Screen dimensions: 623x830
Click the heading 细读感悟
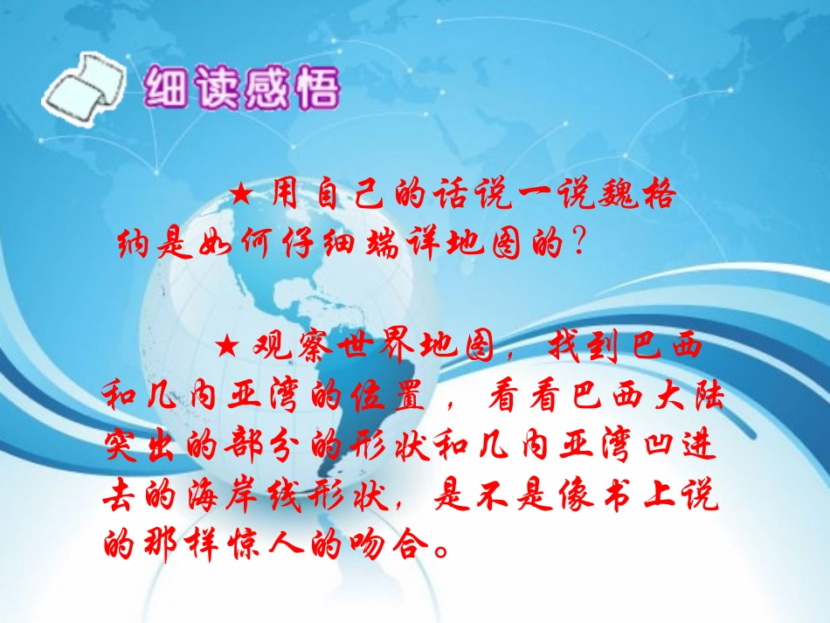pos(239,88)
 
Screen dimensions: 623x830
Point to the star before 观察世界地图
pos(225,347)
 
